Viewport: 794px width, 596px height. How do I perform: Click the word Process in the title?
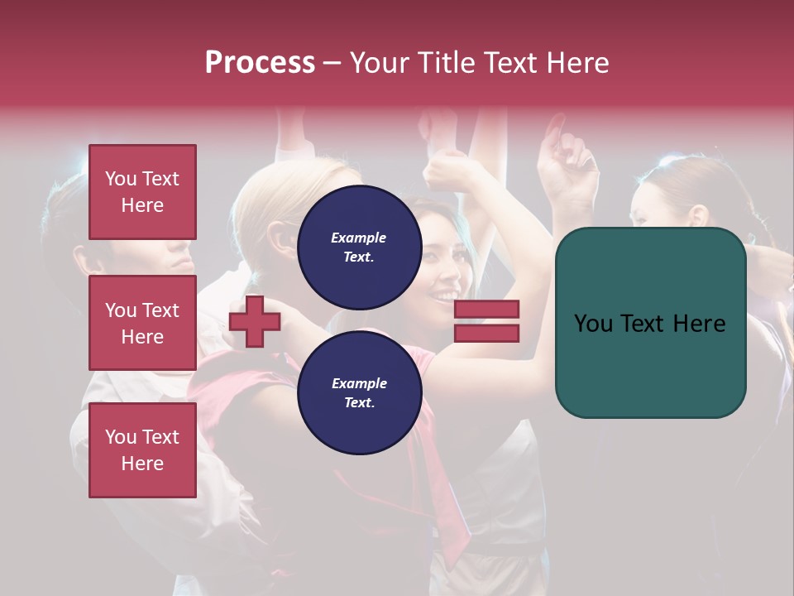260,63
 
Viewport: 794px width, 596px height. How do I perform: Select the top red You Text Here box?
142,192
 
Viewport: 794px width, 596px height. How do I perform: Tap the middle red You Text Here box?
142,323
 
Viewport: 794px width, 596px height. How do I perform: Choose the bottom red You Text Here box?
142,449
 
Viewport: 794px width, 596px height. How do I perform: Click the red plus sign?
255,321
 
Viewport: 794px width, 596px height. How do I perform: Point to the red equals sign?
486,321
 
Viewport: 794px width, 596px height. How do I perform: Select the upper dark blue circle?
359,247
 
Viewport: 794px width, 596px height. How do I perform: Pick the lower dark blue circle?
359,392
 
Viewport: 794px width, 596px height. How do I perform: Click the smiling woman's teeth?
447,295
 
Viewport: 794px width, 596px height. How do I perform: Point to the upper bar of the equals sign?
486,310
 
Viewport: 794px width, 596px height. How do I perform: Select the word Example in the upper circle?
359,238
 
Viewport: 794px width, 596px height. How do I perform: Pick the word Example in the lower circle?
359,383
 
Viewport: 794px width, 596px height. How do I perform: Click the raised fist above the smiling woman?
447,170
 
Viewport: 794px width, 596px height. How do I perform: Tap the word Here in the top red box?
142,205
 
